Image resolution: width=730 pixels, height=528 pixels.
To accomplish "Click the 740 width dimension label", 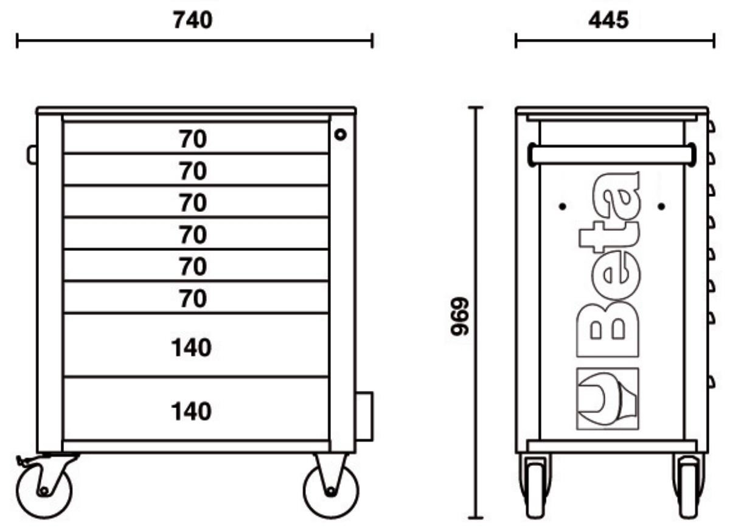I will [193, 21].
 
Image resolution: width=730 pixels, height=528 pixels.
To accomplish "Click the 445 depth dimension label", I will [608, 21].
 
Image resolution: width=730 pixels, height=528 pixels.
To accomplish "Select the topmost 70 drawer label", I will [193, 140].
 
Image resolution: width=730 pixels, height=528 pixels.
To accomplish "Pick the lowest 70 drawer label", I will [193, 298].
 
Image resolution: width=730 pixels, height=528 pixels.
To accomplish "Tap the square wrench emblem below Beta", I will [607, 400].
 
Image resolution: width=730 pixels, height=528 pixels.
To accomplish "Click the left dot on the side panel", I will [562, 206].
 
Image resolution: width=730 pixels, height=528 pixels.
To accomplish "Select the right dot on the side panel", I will [661, 206].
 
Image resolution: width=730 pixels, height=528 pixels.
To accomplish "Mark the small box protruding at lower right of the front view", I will [364, 416].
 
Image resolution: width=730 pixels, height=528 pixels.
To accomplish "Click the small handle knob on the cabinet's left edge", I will [32, 154].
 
